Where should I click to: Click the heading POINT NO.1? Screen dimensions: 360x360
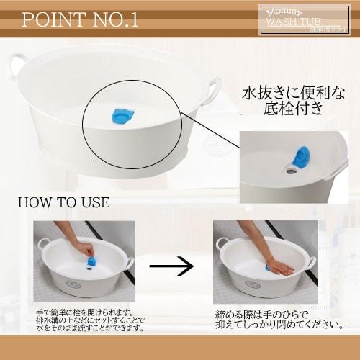point(79,19)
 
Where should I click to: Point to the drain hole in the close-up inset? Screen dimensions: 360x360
point(291,168)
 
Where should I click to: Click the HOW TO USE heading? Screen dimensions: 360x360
point(63,202)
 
